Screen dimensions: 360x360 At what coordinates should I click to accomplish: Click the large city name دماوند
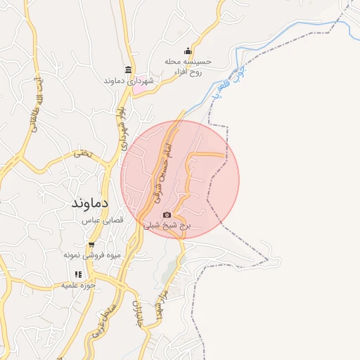(89, 203)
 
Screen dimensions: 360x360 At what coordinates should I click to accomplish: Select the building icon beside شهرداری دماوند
(127, 70)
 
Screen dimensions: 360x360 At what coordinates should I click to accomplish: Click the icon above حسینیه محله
(188, 51)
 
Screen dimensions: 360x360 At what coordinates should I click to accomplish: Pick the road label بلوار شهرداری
(122, 122)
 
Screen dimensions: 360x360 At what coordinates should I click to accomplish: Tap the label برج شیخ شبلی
(167, 226)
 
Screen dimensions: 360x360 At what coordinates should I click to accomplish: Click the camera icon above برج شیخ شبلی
(167, 215)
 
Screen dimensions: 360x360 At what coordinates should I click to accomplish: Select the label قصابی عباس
(103, 220)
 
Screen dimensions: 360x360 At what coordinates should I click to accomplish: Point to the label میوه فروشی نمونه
(94, 255)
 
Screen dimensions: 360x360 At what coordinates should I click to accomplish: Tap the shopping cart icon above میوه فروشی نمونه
(91, 244)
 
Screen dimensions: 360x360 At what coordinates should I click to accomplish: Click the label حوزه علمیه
(78, 285)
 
